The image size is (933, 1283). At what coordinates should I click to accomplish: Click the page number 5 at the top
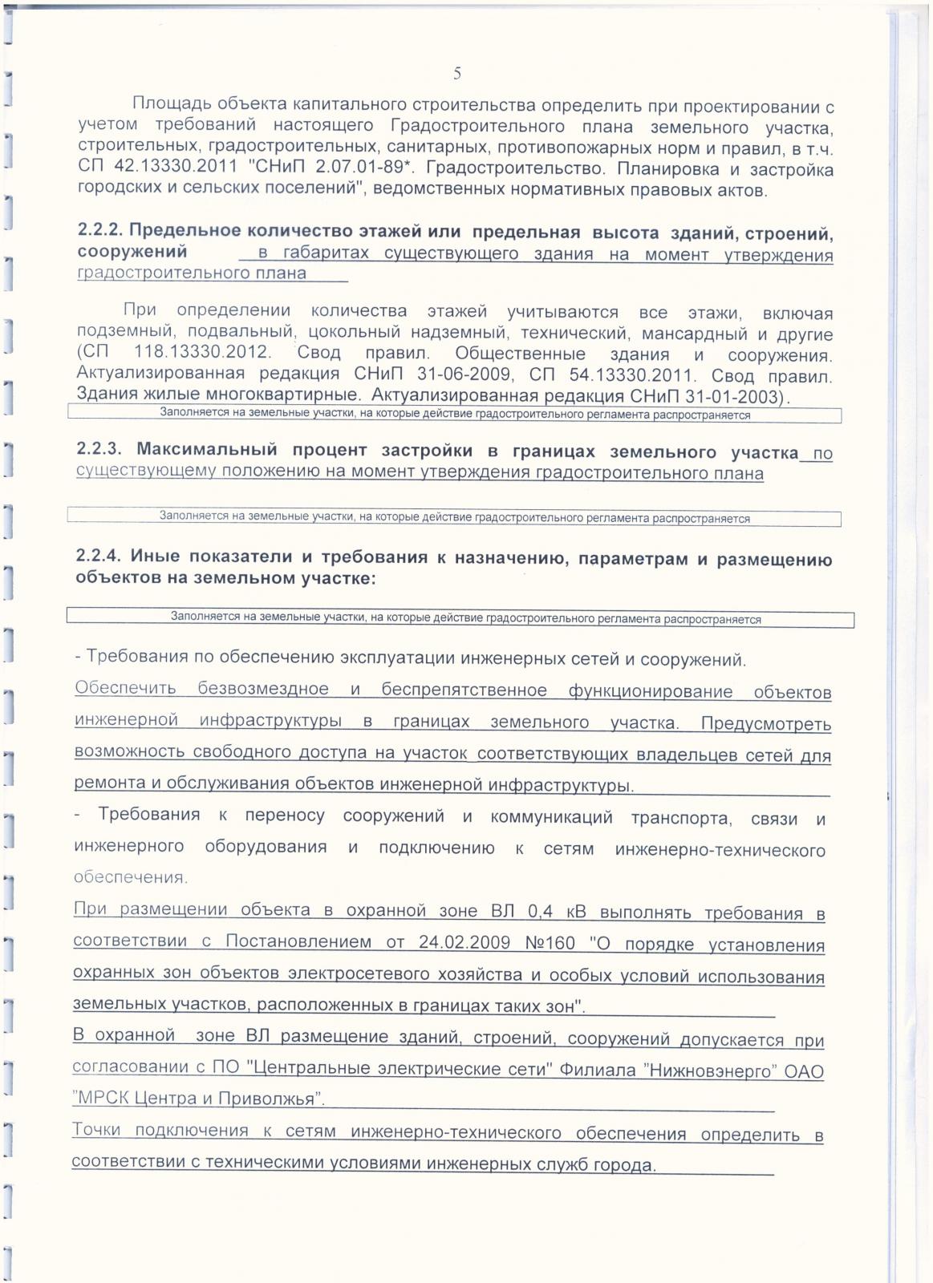tap(457, 74)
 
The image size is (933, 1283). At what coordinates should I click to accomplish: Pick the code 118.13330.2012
tap(203, 354)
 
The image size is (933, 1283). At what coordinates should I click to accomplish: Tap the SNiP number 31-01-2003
tap(728, 396)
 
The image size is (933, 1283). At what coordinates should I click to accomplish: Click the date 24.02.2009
tap(464, 942)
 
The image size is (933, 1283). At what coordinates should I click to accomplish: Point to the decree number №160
tap(550, 943)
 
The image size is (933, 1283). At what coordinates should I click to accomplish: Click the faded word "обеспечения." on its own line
tap(131, 877)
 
